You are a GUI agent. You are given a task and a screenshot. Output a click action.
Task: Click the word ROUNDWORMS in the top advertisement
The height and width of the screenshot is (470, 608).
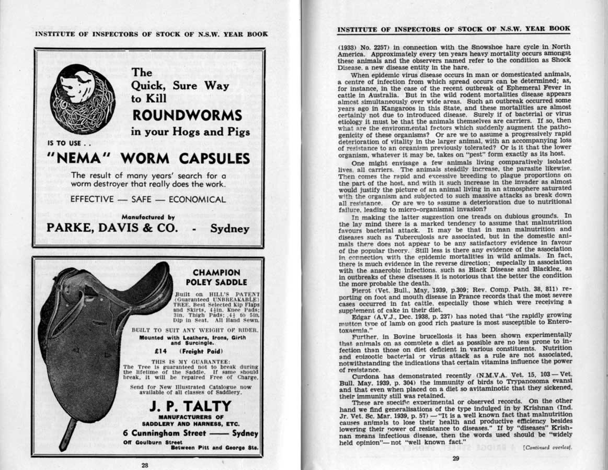[x=187, y=115]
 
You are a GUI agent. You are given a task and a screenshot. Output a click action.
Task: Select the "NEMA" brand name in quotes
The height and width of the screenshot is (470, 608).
[x=80, y=158]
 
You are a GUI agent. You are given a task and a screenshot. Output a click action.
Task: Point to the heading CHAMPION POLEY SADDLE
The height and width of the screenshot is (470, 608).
[x=216, y=277]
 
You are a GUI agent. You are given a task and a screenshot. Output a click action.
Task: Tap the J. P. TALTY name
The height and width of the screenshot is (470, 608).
[x=190, y=406]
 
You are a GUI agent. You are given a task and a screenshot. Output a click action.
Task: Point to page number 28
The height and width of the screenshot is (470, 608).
[x=145, y=464]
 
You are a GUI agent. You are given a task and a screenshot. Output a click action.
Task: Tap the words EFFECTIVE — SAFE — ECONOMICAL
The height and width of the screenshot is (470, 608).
[x=148, y=199]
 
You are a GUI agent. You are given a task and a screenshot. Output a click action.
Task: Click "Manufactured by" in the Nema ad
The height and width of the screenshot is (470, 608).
[x=148, y=217]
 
